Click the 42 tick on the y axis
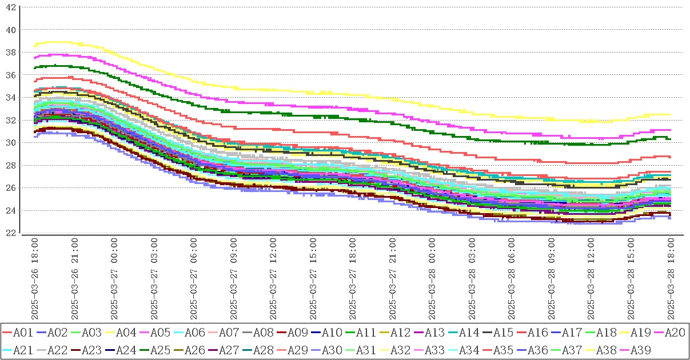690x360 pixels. click(11, 7)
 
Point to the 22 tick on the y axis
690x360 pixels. click(11, 233)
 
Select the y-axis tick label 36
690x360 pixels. click(11, 75)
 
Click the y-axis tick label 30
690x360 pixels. click(11, 143)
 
